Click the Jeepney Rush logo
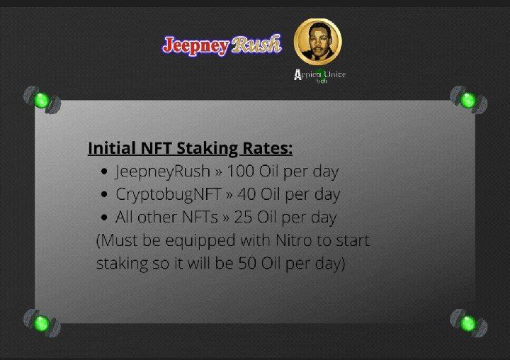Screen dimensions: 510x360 pos(222,45)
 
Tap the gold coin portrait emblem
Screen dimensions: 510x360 pos(318,42)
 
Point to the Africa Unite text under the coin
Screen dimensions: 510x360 pos(319,75)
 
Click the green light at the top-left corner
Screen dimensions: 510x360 pos(42,100)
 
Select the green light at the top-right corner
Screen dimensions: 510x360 pos(468,100)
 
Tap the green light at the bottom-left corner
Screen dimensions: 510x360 pos(42,323)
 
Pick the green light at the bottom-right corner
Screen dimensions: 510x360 pos(468,323)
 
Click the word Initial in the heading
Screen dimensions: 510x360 pos(112,148)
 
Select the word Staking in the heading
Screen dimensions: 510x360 pos(207,149)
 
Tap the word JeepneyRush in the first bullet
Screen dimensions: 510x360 pos(162,171)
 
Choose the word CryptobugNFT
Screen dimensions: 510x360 pos(169,195)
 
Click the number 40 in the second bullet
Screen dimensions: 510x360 pos(246,194)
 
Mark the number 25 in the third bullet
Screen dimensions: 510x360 pos(243,217)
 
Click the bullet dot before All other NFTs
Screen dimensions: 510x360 pos(104,217)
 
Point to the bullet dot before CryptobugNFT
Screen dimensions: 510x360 pos(104,194)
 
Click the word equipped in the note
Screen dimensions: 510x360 pos(200,242)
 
